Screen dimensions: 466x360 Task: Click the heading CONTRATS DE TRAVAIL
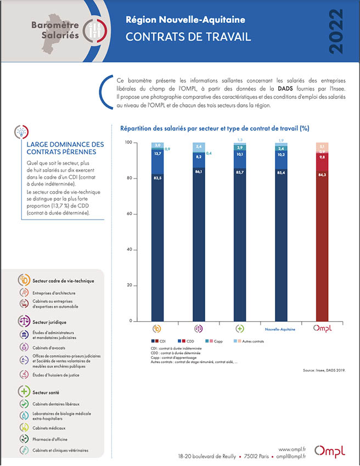tap(188, 37)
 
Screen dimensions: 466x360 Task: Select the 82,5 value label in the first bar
tap(157, 178)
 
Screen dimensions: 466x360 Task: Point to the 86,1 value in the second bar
tap(199, 172)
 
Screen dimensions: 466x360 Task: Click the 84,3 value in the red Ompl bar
tap(322, 175)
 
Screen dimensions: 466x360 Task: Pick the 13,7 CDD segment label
tap(157, 154)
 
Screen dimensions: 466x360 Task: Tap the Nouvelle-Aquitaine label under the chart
tap(280, 329)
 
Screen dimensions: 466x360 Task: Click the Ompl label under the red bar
tap(322, 329)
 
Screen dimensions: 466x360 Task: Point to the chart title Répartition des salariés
tap(215, 128)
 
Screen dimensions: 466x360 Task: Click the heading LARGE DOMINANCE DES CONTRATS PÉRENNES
tap(65, 148)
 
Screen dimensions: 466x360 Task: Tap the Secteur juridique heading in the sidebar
tap(49, 322)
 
